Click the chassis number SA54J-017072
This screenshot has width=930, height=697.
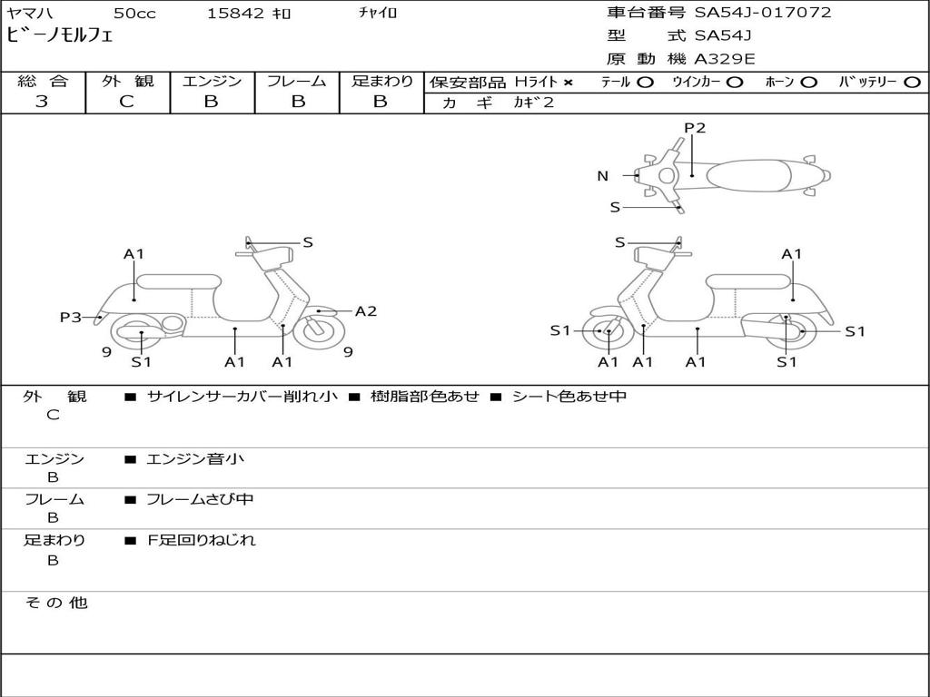763,13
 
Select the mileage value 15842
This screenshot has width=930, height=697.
235,13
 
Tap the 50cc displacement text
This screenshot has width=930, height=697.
134,13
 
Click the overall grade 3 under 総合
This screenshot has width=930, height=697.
42,102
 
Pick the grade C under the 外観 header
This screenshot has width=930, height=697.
126,102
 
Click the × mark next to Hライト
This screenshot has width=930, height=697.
569,83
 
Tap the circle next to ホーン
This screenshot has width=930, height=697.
807,83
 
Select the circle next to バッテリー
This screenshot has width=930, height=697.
913,83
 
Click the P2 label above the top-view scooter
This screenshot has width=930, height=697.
695,127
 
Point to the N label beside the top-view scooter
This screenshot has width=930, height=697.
603,175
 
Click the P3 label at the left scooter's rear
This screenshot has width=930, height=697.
70,317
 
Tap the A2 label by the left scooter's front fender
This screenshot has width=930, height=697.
365,311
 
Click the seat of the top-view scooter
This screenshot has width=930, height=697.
748,175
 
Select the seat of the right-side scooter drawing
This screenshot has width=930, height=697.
749,282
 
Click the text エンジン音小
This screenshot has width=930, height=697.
195,458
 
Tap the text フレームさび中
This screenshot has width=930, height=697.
200,500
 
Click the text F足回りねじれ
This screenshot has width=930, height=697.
202,540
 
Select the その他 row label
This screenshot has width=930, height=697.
56,603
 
